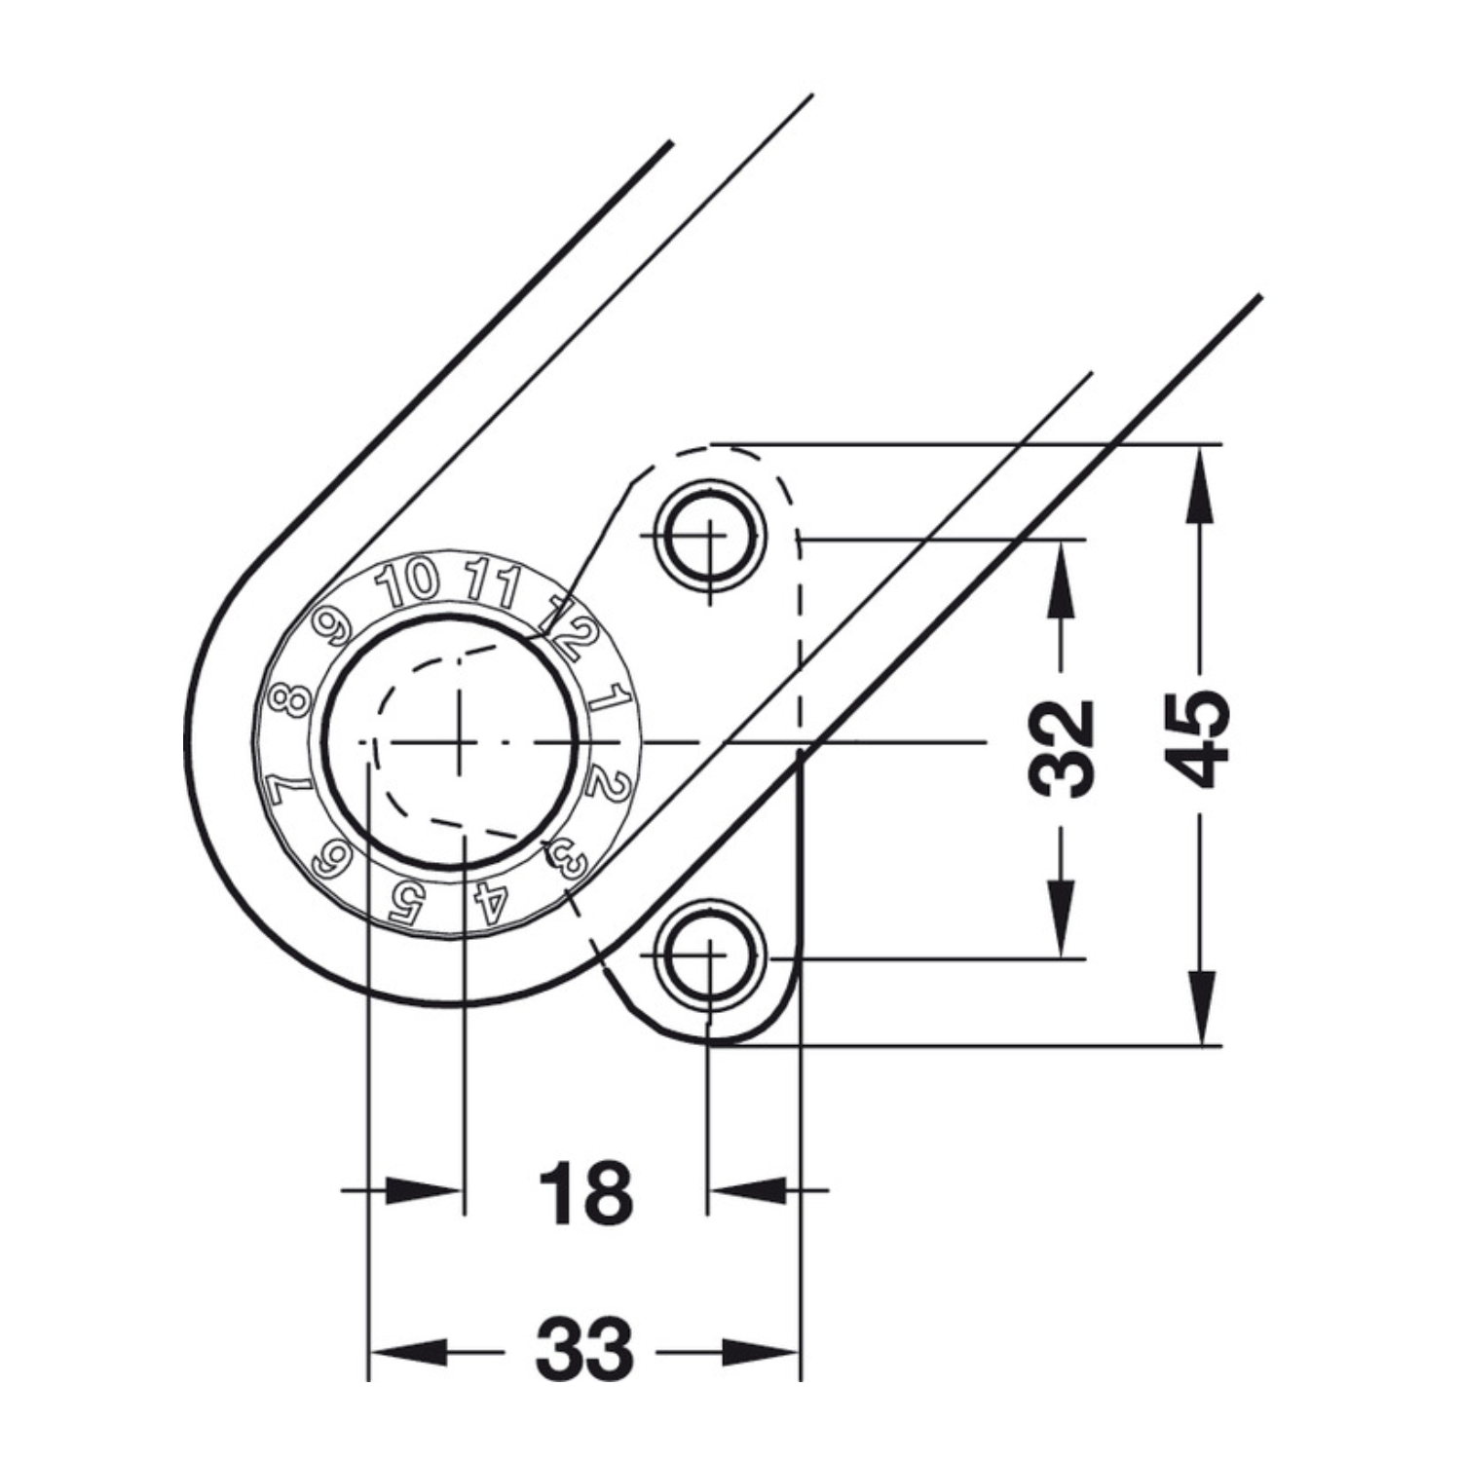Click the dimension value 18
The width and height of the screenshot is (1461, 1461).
coord(585,1192)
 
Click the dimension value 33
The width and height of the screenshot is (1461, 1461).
coord(584,1349)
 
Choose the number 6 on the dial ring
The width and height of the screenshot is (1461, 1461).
coord(331,859)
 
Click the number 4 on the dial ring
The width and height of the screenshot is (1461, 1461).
coord(492,902)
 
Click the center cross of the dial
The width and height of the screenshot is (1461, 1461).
coord(457,743)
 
